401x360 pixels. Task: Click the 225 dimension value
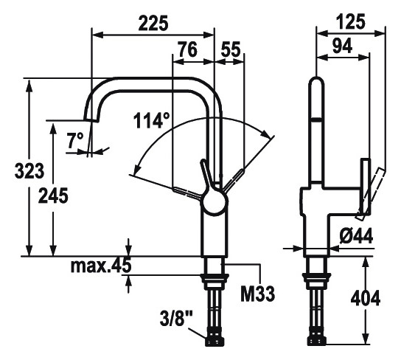(153, 23)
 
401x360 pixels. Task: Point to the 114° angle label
(152, 120)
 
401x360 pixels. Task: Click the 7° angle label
(74, 139)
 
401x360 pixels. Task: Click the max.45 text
(100, 266)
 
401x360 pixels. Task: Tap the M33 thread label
(257, 294)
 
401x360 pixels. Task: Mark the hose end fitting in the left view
(215, 339)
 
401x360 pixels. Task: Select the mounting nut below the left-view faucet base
(214, 280)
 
